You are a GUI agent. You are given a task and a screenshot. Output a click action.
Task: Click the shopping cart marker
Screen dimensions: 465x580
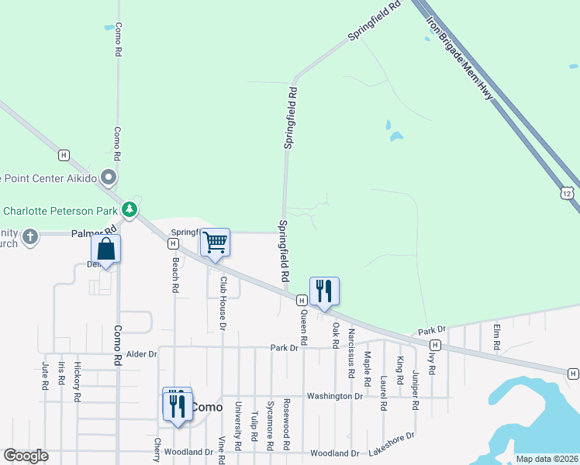tap(215, 242)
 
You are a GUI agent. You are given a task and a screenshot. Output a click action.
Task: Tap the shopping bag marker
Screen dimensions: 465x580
tap(105, 250)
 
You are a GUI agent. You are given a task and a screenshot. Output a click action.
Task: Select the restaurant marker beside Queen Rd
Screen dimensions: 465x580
tap(324, 291)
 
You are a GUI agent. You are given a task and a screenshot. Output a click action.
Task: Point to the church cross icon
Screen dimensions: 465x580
tap(30, 236)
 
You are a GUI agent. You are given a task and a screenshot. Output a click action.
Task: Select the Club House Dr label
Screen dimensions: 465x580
tap(222, 300)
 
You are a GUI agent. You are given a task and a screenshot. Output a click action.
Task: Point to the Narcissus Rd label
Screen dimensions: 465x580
tap(351, 352)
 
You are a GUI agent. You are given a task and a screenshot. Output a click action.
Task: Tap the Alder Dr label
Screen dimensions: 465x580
tap(142, 353)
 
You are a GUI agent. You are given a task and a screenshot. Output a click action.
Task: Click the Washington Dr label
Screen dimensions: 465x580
tap(334, 396)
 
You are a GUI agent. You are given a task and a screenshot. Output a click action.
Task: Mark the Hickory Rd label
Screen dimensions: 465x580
tap(77, 381)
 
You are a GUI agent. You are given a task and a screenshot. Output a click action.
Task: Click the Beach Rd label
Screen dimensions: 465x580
tap(176, 274)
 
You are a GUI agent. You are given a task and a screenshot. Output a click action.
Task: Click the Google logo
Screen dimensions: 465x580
tap(26, 456)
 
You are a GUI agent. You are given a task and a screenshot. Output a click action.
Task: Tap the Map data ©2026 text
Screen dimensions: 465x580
tap(546, 458)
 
